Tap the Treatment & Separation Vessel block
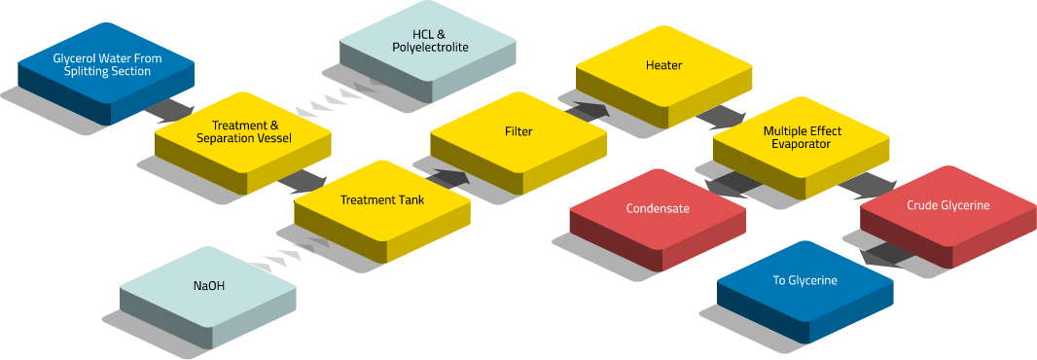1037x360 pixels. click(243, 140)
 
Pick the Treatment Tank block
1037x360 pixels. click(382, 209)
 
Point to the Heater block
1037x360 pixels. click(663, 75)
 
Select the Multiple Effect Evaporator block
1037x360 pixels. click(801, 146)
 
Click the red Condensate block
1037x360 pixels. click(658, 218)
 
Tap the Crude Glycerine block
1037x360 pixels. click(948, 215)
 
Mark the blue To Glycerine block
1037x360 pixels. click(805, 291)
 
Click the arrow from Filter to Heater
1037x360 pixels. click(588, 111)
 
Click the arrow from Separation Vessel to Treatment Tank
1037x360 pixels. click(303, 181)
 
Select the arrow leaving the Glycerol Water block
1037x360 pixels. click(169, 110)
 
